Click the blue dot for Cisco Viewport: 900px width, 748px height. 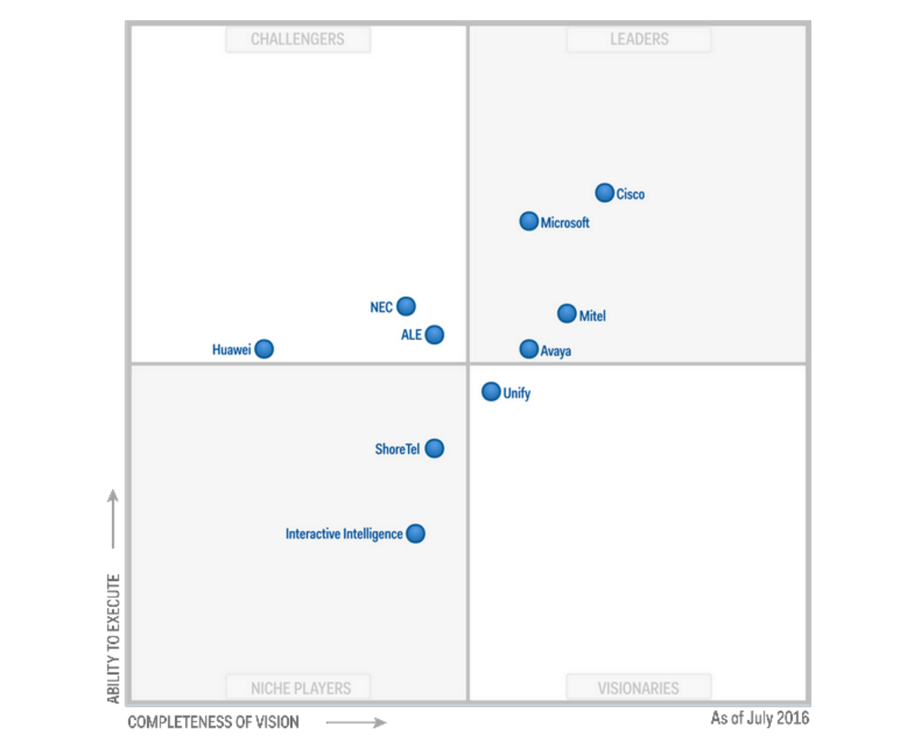coord(605,193)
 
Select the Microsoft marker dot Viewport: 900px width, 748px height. coord(528,222)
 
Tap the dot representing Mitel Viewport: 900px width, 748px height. coord(567,313)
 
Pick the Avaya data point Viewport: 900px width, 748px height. coord(528,349)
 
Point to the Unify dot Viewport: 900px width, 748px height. coord(491,391)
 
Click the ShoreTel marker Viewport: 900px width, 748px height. coord(434,449)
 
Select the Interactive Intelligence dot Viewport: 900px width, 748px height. coord(416,533)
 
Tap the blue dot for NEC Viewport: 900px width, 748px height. coord(406,306)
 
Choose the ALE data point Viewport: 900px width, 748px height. coord(434,334)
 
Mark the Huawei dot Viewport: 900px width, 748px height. coord(264,349)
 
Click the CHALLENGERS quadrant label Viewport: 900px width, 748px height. coord(298,40)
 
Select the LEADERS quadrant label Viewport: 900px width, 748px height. coord(639,40)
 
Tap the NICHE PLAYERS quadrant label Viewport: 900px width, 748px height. coord(300,688)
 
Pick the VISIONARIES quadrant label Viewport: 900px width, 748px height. coord(638,688)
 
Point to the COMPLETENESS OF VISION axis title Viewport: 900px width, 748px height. coord(213,722)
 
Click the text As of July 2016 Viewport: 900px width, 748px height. coord(759,718)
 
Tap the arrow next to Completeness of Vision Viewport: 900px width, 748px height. coord(356,723)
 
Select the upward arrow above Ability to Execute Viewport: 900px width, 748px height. coord(113,519)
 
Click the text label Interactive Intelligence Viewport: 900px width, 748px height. coord(344,534)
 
